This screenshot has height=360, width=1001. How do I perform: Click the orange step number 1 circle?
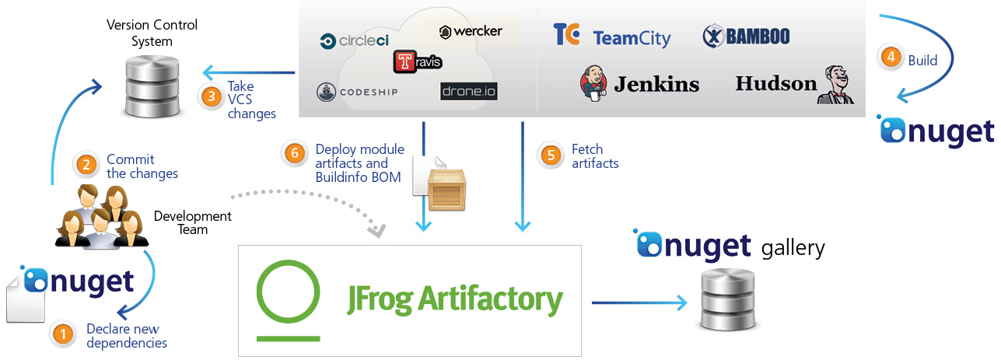(x=61, y=334)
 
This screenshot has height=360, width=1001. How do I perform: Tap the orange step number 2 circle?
(x=86, y=165)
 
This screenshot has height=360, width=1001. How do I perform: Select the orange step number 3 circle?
(x=210, y=96)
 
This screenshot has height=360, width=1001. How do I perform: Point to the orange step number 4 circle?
(x=890, y=57)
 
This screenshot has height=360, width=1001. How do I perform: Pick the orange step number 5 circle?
(x=551, y=155)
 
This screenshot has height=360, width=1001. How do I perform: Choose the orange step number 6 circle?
(x=294, y=153)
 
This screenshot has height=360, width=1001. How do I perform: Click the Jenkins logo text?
(x=656, y=84)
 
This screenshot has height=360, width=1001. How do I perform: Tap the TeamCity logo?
(x=611, y=37)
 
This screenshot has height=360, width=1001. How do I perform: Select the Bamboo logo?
(x=746, y=37)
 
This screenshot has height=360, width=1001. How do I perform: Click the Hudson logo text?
(x=775, y=82)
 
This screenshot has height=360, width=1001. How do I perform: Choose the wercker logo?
(x=471, y=32)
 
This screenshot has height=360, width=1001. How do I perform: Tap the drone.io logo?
(x=468, y=92)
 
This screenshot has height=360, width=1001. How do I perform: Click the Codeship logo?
(x=358, y=93)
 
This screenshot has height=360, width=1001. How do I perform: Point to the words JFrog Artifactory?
(x=454, y=299)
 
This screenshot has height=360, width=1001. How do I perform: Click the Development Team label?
(x=192, y=222)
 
